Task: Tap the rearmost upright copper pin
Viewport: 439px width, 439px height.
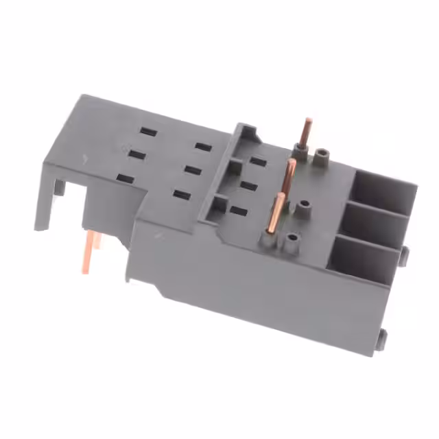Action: [307, 134]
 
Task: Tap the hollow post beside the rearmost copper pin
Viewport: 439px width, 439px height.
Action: [322, 159]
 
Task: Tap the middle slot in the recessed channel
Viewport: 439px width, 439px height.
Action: [248, 185]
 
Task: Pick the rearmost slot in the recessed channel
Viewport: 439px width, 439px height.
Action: [258, 162]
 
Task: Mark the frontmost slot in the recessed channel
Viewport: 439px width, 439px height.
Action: [238, 211]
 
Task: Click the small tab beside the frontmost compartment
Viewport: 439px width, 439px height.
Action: [404, 255]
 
